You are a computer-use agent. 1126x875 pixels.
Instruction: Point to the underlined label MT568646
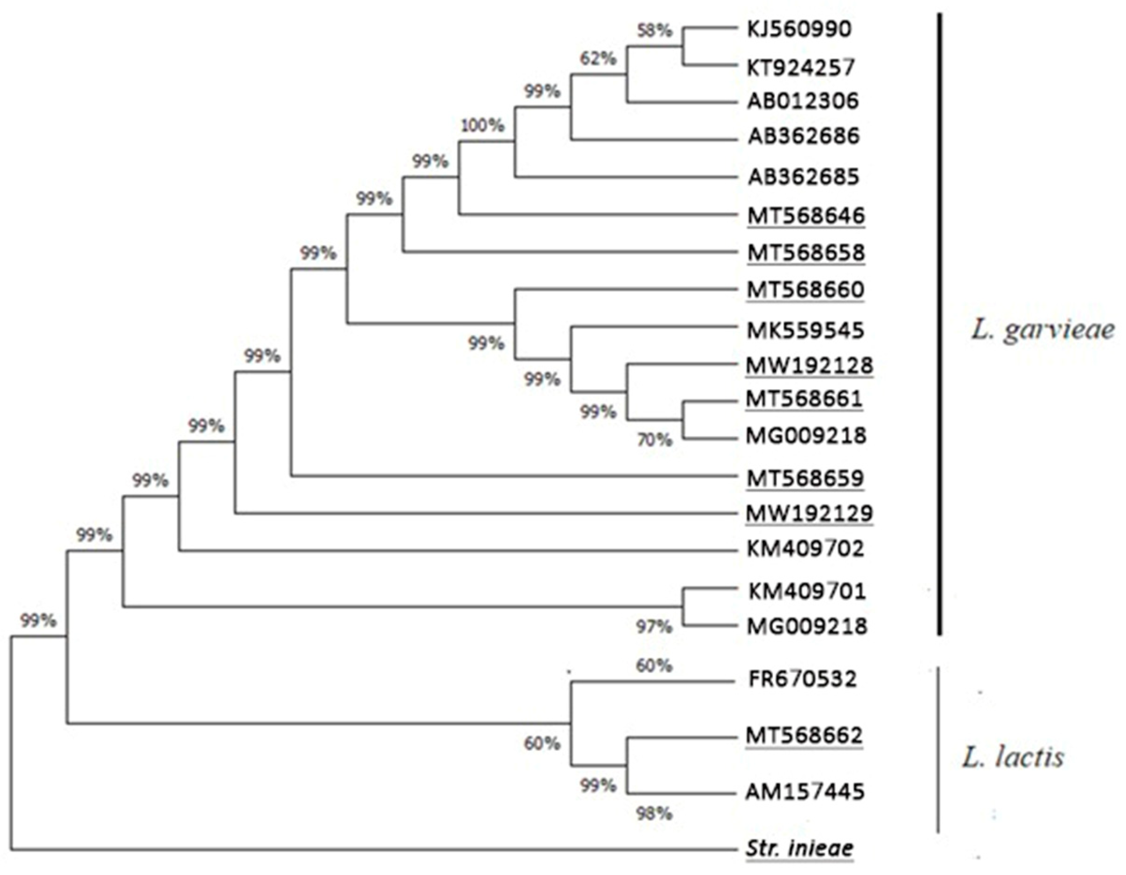tap(806, 216)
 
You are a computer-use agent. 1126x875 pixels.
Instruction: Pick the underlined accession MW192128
tap(809, 366)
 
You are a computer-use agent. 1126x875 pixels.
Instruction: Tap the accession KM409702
tap(805, 548)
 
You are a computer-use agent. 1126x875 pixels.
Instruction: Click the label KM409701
tap(807, 591)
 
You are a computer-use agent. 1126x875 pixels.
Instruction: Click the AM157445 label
tap(805, 792)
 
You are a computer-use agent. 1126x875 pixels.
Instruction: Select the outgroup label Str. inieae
tap(799, 848)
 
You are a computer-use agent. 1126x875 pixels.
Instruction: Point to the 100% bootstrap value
tap(482, 125)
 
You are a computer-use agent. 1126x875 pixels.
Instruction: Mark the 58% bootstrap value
tap(654, 31)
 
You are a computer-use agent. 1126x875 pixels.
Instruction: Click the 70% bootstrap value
tap(654, 440)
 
